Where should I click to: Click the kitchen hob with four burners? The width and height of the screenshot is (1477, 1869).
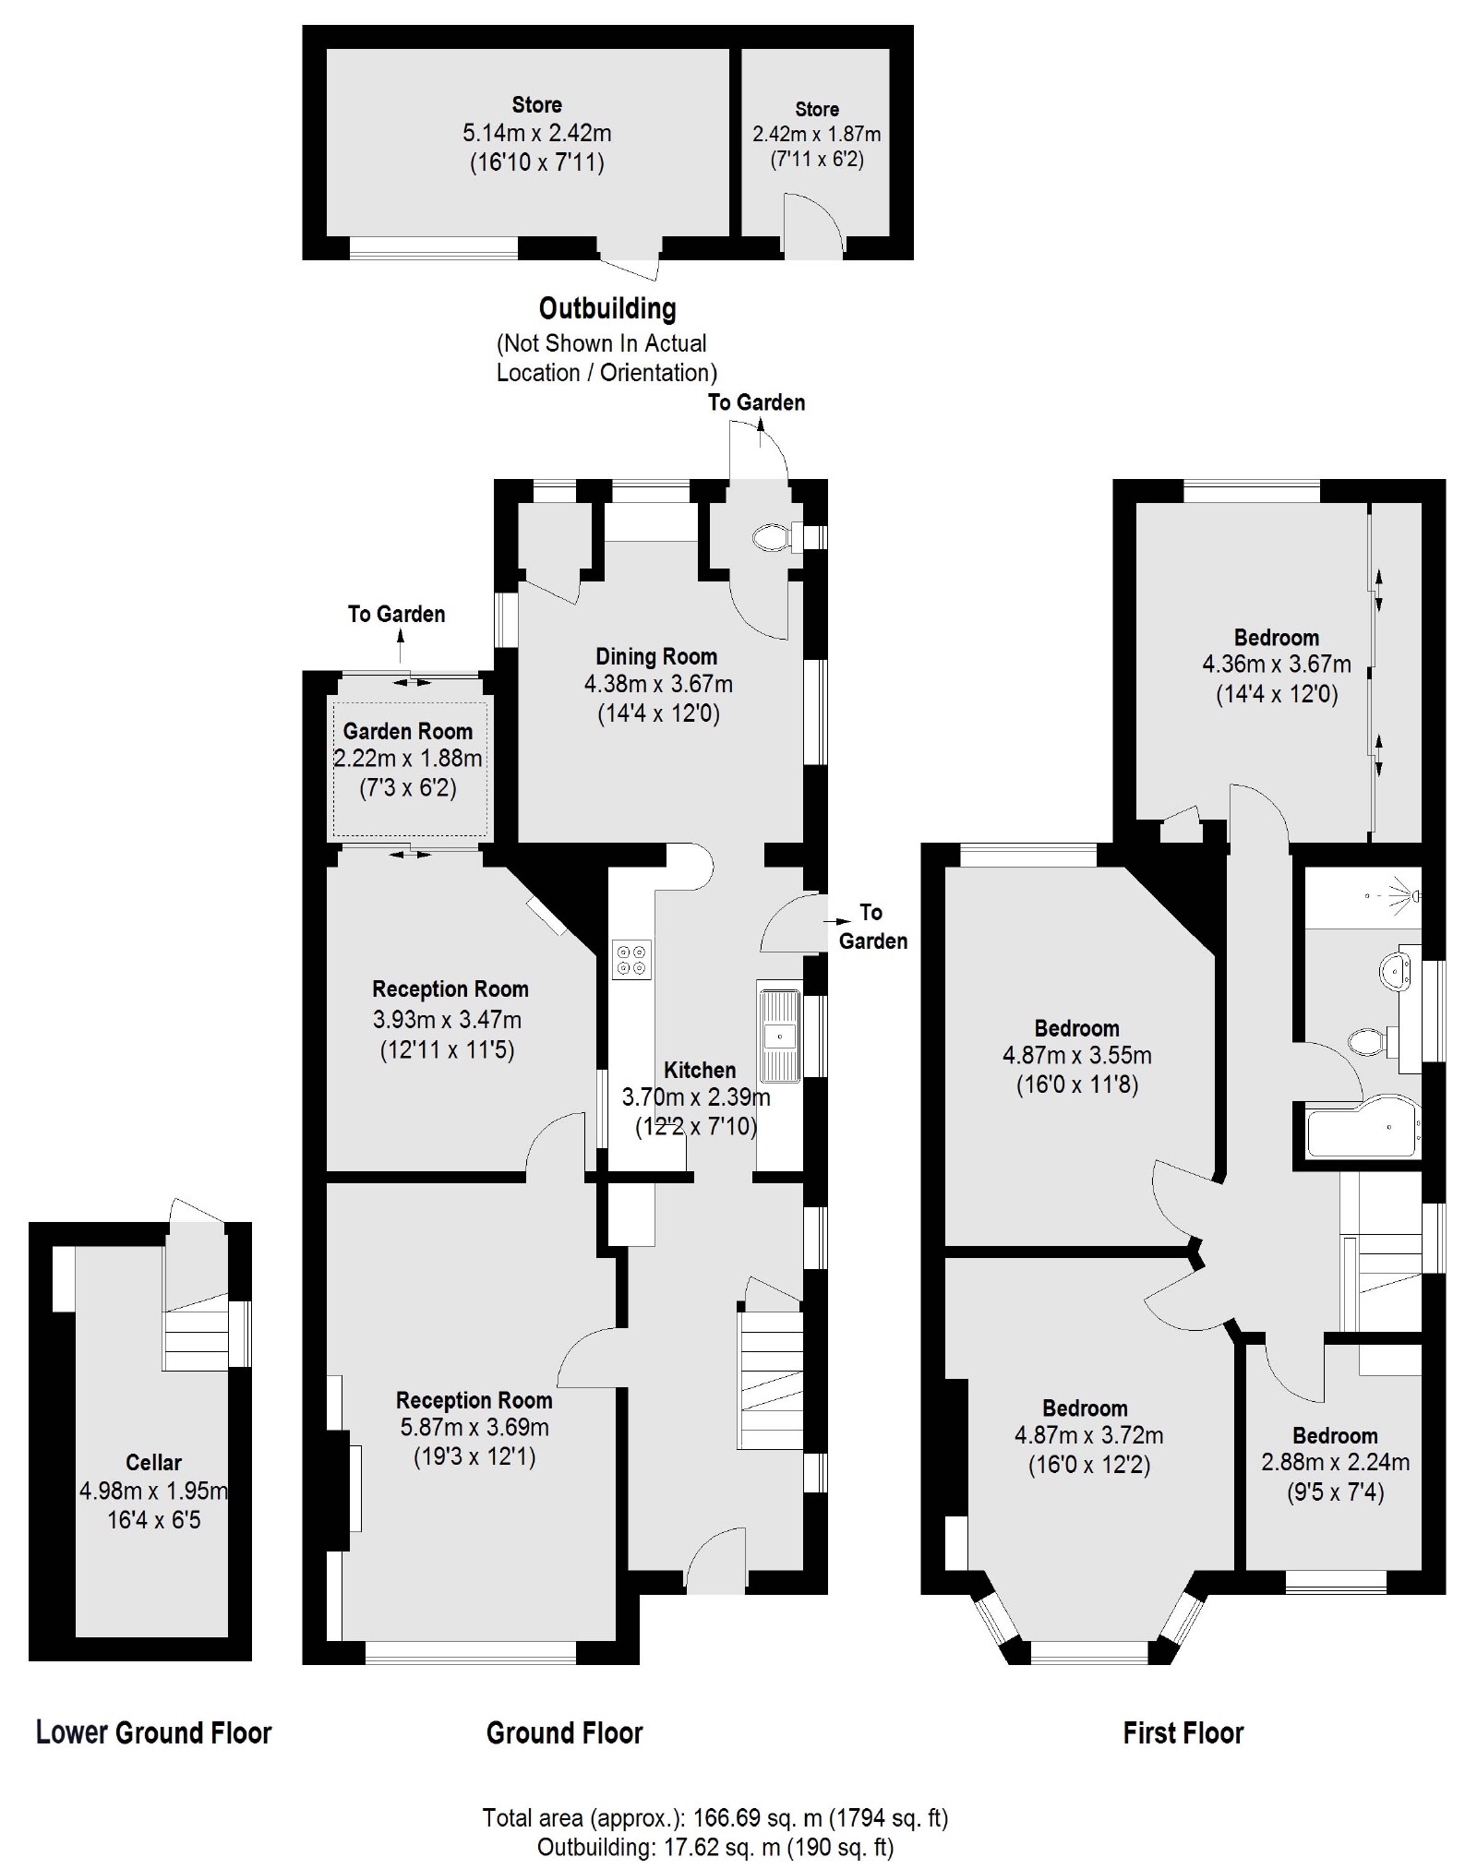pyautogui.click(x=631, y=959)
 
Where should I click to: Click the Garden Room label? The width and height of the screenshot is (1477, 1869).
pyautogui.click(x=407, y=731)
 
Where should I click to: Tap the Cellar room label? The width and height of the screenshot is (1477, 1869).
pyautogui.click(x=153, y=1462)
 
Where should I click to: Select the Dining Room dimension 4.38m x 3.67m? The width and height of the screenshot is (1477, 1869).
pyautogui.click(x=657, y=685)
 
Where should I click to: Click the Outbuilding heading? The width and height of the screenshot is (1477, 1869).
pyautogui.click(x=606, y=308)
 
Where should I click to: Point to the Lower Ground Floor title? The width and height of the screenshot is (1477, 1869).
pyautogui.click(x=153, y=1732)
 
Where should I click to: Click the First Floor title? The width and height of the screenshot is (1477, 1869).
pyautogui.click(x=1183, y=1732)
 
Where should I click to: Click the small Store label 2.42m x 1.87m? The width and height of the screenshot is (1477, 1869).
pyautogui.click(x=816, y=134)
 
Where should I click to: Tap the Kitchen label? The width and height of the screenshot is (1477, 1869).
pyautogui.click(x=700, y=1070)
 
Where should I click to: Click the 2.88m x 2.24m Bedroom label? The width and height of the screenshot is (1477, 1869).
pyautogui.click(x=1335, y=1436)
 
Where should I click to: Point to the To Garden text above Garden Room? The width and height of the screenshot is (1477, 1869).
pyautogui.click(x=396, y=614)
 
